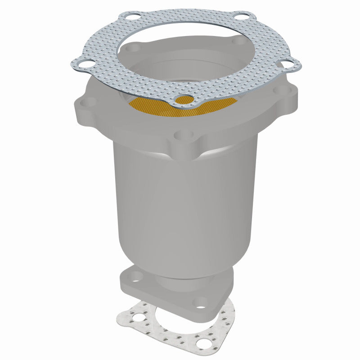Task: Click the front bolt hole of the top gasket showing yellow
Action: point(184,100)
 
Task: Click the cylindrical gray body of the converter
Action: point(184,202)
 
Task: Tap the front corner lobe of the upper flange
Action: point(184,146)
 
